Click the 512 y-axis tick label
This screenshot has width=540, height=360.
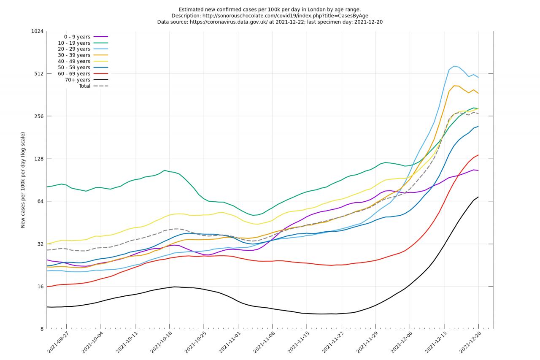[38, 74]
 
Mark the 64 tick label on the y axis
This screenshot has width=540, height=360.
[40, 201]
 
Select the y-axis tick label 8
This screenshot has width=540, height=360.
[41, 329]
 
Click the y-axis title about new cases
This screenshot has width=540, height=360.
[23, 180]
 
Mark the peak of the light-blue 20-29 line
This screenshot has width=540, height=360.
[454, 66]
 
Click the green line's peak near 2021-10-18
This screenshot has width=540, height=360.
[165, 170]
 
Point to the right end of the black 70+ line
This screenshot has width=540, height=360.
[478, 197]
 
